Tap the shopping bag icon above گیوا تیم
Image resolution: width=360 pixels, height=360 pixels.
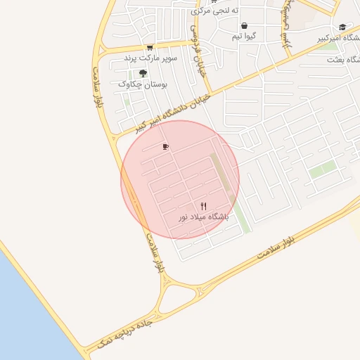click(x=243, y=25)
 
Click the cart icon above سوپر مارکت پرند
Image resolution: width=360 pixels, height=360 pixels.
click(x=149, y=48)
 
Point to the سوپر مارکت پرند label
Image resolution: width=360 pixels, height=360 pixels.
click(x=151, y=58)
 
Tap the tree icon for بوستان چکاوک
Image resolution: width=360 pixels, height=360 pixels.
click(x=143, y=72)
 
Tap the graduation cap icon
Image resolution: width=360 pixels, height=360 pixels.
click(x=342, y=27)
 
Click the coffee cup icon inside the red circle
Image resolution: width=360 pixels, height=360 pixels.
click(x=165, y=147)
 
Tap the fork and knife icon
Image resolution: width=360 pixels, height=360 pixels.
click(x=203, y=206)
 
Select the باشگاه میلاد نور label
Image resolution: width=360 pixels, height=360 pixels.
click(x=203, y=218)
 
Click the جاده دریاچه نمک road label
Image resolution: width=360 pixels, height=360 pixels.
click(x=134, y=328)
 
